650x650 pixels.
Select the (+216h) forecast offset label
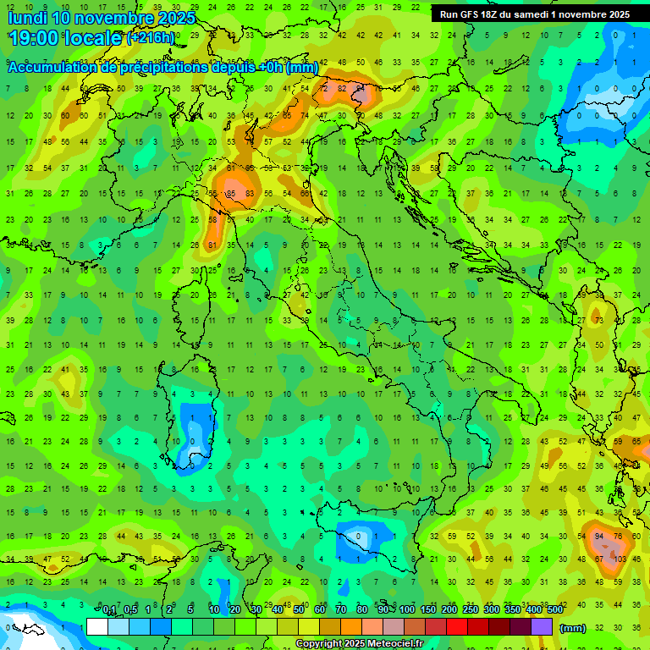(x=151, y=39)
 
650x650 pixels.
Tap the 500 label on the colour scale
(x=554, y=610)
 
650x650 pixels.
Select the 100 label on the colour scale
(x=407, y=610)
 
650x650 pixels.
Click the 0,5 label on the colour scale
(x=130, y=610)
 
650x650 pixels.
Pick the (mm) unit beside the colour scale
(x=573, y=628)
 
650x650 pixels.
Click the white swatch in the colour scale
(x=97, y=627)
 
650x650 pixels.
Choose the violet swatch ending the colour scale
(x=542, y=627)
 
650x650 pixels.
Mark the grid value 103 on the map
(x=620, y=559)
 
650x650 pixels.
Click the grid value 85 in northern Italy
(x=229, y=194)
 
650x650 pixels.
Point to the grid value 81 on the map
(x=212, y=245)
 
